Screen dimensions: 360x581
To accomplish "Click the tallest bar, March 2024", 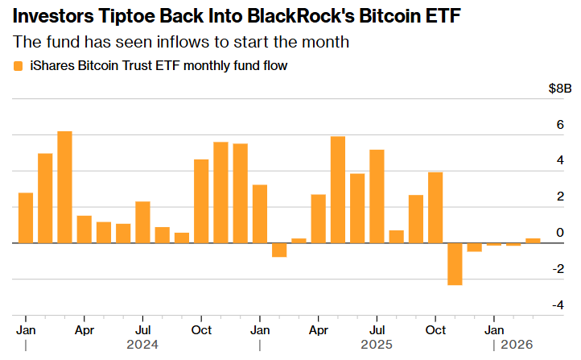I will tap(64, 187).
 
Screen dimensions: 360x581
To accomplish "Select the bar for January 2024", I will tap(26, 217).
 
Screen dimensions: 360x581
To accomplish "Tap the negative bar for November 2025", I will tap(455, 263).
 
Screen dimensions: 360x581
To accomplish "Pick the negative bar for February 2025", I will tap(279, 250).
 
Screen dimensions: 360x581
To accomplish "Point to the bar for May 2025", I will tap(338, 189).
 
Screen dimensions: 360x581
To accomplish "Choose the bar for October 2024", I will tap(201, 201).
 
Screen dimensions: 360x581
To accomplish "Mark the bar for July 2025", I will tap(377, 196).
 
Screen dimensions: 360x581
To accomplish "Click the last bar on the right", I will tap(533, 240).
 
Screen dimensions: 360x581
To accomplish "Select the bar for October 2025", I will tap(435, 207).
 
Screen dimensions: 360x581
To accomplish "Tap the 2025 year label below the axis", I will tap(377, 345).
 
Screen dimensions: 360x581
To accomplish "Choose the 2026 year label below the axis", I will tap(517, 345).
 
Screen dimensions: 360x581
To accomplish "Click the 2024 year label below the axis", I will tap(142, 345).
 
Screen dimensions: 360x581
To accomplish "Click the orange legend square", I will tap(19, 66).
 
